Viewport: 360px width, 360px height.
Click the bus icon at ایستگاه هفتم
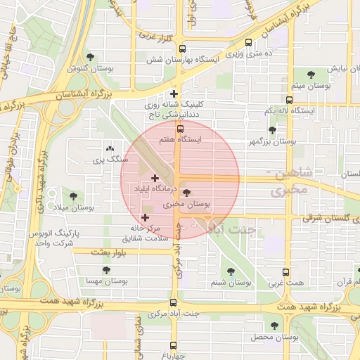point(180,129)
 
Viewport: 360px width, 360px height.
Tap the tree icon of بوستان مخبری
point(186,192)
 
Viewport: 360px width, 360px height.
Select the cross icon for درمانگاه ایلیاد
point(155,178)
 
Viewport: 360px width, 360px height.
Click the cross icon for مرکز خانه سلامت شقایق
point(146,218)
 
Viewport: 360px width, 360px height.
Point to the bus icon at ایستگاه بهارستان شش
point(182,49)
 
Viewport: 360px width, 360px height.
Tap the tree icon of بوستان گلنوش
point(89,57)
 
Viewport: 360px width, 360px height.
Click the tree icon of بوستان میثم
point(311,73)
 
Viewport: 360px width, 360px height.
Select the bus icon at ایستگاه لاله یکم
point(289,101)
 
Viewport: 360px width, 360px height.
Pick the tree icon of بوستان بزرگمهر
point(272,130)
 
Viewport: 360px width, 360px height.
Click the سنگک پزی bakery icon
point(109,149)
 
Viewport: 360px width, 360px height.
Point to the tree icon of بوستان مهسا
point(106,269)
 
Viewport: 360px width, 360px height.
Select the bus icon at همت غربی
point(285,272)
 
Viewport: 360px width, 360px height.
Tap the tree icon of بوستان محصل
point(274,326)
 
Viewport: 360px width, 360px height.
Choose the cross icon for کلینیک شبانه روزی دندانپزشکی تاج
point(174,94)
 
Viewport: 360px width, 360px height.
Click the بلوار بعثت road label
point(107,252)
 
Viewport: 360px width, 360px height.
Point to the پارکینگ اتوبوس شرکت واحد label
point(53,237)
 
